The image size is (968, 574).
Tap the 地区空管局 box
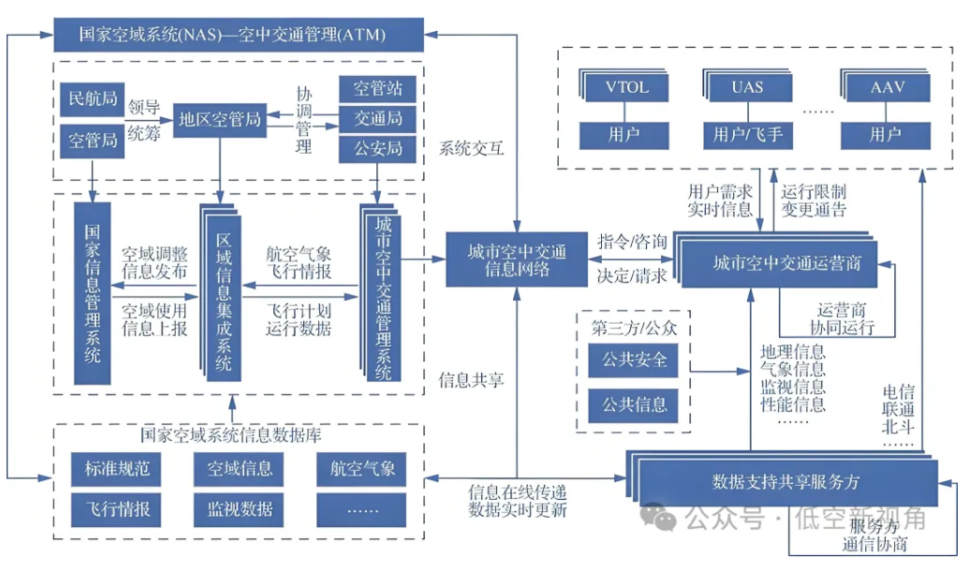(x=220, y=120)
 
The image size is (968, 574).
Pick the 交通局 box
(x=377, y=118)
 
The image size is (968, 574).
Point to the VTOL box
(x=626, y=88)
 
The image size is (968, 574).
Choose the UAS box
(x=747, y=88)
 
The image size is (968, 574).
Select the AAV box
(x=886, y=88)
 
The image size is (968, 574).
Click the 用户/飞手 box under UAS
(x=747, y=135)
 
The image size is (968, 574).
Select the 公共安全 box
(x=634, y=361)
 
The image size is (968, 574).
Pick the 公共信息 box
(x=634, y=405)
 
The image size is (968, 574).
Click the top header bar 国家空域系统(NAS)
(x=233, y=36)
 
